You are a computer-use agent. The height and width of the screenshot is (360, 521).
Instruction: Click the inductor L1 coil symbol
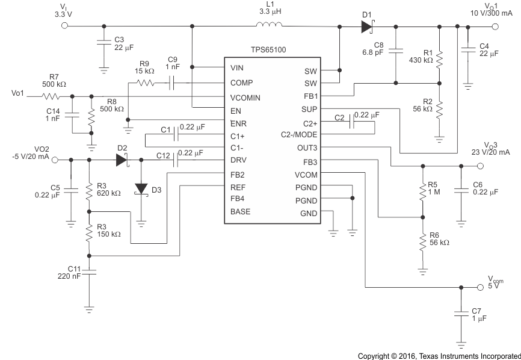(269, 25)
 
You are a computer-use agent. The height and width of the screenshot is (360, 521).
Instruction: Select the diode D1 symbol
(367, 26)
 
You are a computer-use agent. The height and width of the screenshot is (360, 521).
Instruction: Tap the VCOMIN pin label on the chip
(247, 97)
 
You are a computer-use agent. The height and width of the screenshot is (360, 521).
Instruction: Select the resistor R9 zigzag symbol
(147, 83)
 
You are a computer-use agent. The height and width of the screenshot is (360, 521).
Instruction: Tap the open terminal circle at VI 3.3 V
(65, 26)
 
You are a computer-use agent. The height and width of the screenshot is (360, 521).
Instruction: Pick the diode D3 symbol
(141, 188)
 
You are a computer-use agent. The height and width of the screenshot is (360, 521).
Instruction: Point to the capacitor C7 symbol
(461, 314)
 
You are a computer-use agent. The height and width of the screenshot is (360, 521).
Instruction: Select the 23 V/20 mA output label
(490, 152)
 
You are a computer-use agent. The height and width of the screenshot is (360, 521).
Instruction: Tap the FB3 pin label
(310, 161)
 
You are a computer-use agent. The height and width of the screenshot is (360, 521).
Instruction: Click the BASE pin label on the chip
(240, 211)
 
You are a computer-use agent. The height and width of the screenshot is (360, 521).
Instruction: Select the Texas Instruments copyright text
(439, 355)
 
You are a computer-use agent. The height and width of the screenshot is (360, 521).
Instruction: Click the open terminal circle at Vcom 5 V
(480, 287)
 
